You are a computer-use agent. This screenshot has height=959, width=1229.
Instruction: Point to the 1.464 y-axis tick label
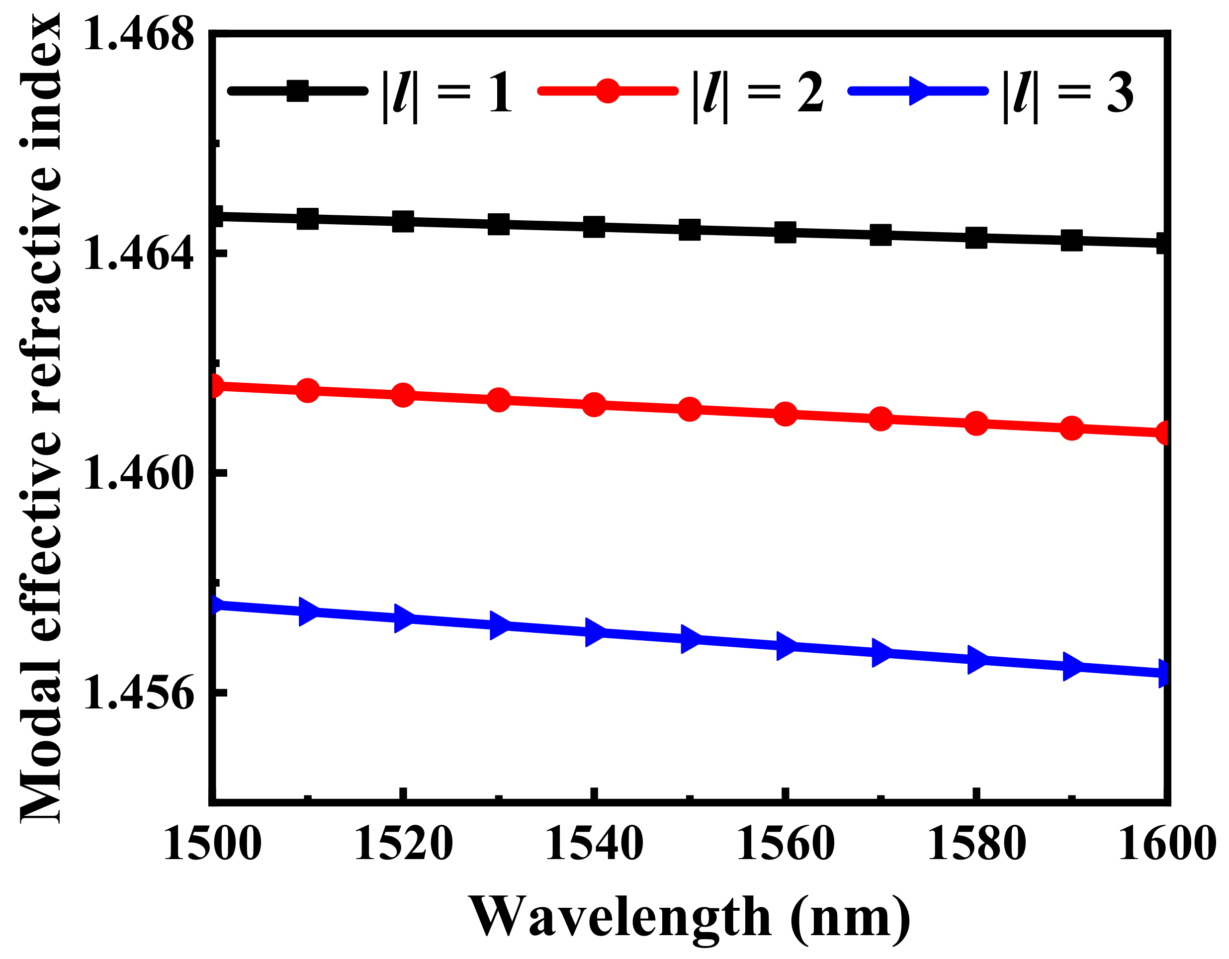[x=138, y=254]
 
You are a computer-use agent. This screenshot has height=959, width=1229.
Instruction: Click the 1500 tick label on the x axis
[x=213, y=844]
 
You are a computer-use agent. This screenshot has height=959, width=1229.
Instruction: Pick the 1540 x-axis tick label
[x=594, y=844]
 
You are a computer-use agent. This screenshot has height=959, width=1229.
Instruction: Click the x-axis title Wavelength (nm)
[x=690, y=917]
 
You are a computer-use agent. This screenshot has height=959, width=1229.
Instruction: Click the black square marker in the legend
[x=298, y=90]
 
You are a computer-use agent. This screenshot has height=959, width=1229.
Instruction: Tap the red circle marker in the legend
[x=608, y=90]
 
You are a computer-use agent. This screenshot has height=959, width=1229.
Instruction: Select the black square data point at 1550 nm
[x=690, y=230]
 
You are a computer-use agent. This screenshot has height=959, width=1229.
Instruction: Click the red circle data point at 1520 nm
[x=404, y=395]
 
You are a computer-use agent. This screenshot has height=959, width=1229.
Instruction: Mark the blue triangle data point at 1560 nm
[x=786, y=645]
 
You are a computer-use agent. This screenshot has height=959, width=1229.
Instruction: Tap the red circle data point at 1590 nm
[x=1072, y=428]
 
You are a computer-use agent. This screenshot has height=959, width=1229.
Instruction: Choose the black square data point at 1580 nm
[x=976, y=238]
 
